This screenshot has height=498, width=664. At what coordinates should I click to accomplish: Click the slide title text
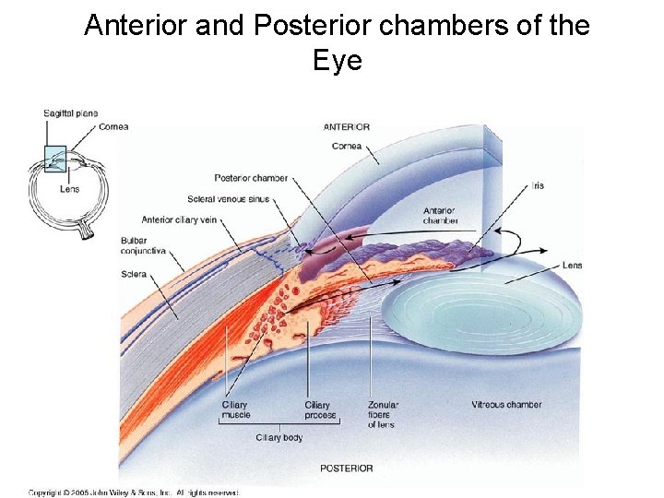point(337,42)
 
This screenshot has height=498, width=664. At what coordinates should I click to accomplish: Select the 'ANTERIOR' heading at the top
point(347,127)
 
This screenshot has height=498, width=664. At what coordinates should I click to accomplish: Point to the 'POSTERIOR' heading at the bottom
point(347,468)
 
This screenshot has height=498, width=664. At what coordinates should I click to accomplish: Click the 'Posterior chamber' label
point(251,178)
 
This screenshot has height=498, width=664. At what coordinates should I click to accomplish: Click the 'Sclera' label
point(134,274)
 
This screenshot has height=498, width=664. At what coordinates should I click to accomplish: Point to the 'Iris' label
point(538,185)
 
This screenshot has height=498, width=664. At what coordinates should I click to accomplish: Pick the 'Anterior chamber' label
point(440,215)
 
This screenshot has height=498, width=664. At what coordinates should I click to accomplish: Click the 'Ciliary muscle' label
point(235,410)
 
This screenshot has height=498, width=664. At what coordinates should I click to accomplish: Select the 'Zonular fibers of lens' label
point(382,415)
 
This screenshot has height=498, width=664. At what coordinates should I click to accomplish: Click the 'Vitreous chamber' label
point(506,405)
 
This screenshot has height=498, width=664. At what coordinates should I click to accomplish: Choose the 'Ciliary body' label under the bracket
point(279,438)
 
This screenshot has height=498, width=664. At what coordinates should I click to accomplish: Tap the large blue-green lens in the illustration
point(483,314)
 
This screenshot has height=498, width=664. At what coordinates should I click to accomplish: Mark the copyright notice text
point(133,492)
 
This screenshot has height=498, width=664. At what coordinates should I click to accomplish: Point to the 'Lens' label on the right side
point(572,266)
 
